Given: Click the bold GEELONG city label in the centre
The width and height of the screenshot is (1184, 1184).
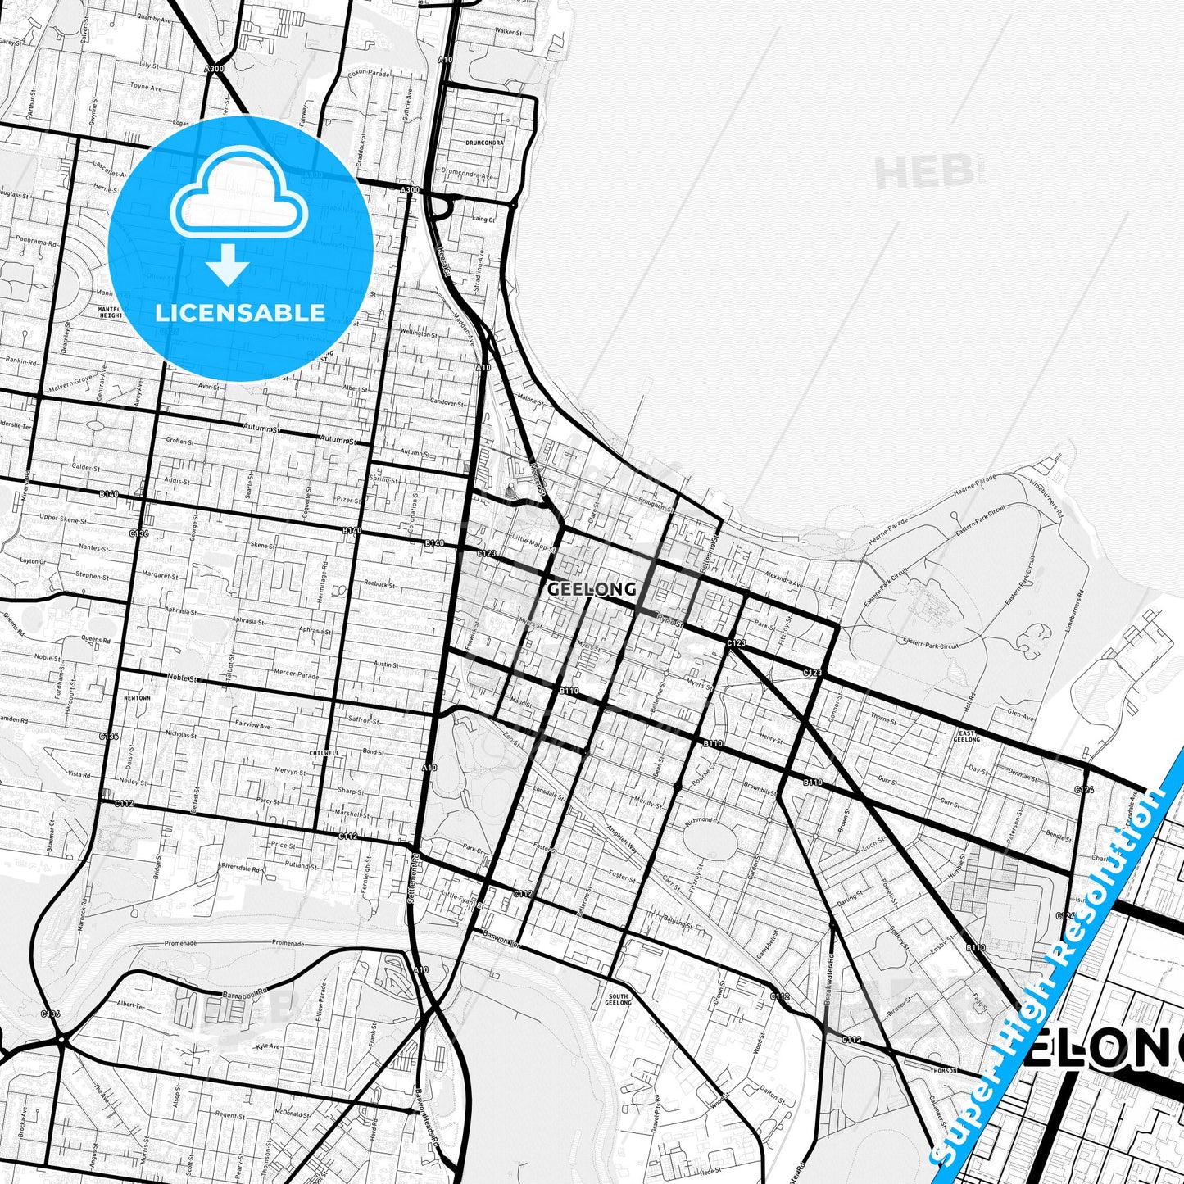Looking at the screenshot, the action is click(x=592, y=589).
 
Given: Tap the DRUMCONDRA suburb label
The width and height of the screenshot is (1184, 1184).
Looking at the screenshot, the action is click(x=484, y=142).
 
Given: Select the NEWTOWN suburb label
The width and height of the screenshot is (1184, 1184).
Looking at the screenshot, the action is click(x=137, y=698).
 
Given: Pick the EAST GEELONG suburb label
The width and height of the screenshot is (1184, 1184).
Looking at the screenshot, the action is click(x=967, y=735).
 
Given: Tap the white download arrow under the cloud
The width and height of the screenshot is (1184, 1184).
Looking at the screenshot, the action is click(x=228, y=267).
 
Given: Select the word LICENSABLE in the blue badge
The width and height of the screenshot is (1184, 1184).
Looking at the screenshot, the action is click(x=240, y=313).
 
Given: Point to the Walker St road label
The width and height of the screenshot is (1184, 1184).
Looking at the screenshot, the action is click(x=509, y=31).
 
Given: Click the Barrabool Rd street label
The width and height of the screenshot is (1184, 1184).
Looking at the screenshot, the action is click(x=245, y=993).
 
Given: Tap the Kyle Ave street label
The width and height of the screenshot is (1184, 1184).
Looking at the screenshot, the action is click(x=267, y=1046).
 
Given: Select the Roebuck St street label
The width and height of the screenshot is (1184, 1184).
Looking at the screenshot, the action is click(x=380, y=585).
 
